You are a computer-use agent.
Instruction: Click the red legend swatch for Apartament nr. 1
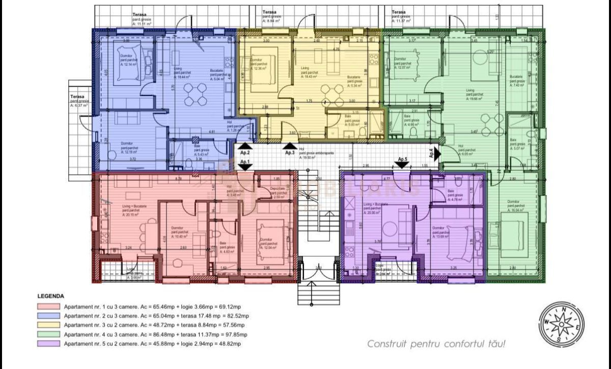[48, 307]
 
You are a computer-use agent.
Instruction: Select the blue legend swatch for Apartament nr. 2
[48, 316]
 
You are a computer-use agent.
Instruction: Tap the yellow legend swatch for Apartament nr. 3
[48, 325]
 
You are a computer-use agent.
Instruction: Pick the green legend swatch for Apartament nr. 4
[48, 334]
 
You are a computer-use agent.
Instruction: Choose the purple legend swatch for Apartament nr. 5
[48, 344]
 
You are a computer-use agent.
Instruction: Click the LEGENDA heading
[50, 295]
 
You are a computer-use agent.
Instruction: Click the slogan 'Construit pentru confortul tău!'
[436, 344]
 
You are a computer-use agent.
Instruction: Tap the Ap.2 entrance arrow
[245, 147]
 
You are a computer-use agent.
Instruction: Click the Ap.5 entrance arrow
[402, 163]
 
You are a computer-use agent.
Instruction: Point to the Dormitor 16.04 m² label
[518, 205]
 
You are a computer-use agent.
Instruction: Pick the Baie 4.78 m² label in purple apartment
[455, 195]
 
